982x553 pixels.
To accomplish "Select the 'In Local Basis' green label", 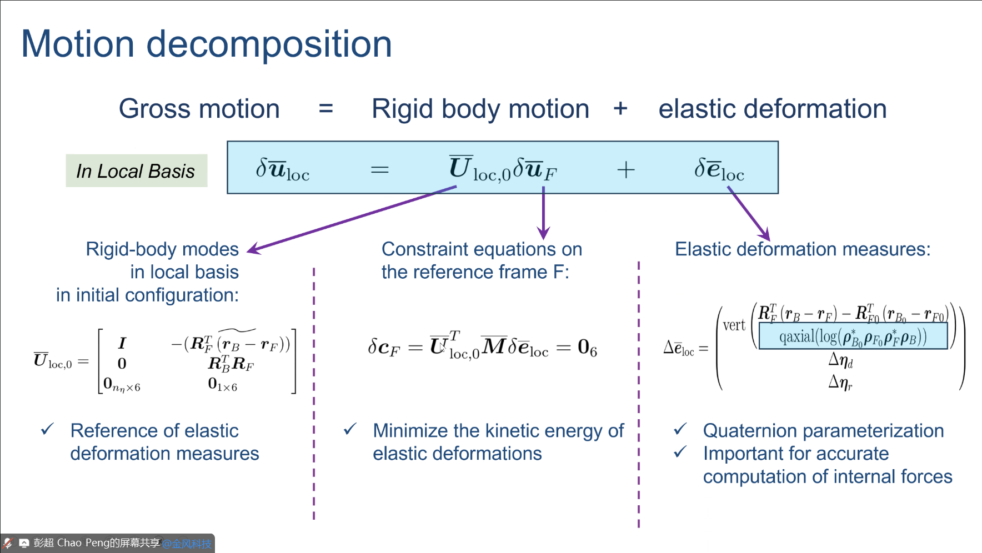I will (136, 171).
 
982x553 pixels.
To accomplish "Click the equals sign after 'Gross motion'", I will (326, 109).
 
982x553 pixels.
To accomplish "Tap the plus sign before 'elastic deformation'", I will (620, 109).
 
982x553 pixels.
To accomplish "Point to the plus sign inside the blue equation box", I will (625, 169).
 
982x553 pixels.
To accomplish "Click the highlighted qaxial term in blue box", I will (853, 337).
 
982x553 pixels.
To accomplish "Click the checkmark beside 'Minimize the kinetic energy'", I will (350, 429).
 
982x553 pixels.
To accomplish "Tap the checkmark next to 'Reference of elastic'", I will (47, 429).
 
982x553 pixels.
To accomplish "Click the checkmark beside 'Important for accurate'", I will (680, 453).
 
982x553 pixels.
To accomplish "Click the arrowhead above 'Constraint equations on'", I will (543, 233).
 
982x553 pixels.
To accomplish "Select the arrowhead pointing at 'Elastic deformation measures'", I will (765, 235).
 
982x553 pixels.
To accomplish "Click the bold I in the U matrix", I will (122, 343).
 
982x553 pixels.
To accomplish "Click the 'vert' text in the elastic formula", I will (734, 325).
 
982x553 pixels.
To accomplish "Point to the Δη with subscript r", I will (840, 383).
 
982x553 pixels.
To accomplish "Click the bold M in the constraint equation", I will (494, 346).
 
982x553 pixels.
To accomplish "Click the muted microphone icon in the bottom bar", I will (8, 543).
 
